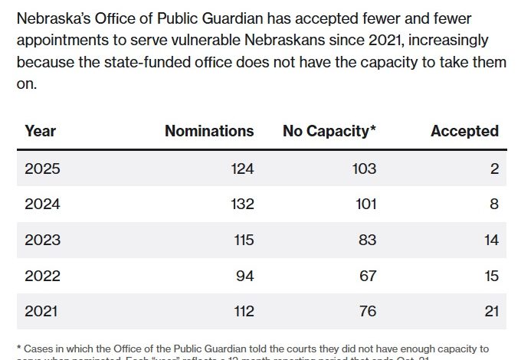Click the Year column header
[x=40, y=131]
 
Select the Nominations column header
[x=209, y=131]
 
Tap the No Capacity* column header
[x=329, y=131]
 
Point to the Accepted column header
[x=464, y=131]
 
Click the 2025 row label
[x=42, y=169]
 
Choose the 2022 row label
[x=42, y=275]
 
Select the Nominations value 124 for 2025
[x=242, y=169]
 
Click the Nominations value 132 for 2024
[x=242, y=205]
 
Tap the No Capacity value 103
[x=365, y=169]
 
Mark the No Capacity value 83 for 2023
[x=368, y=240]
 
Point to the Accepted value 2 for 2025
[x=494, y=169]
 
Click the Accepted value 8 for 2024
[x=494, y=205]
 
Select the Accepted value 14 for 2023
[x=491, y=240]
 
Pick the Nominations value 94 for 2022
[x=245, y=275]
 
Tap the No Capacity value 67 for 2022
[x=368, y=275]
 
